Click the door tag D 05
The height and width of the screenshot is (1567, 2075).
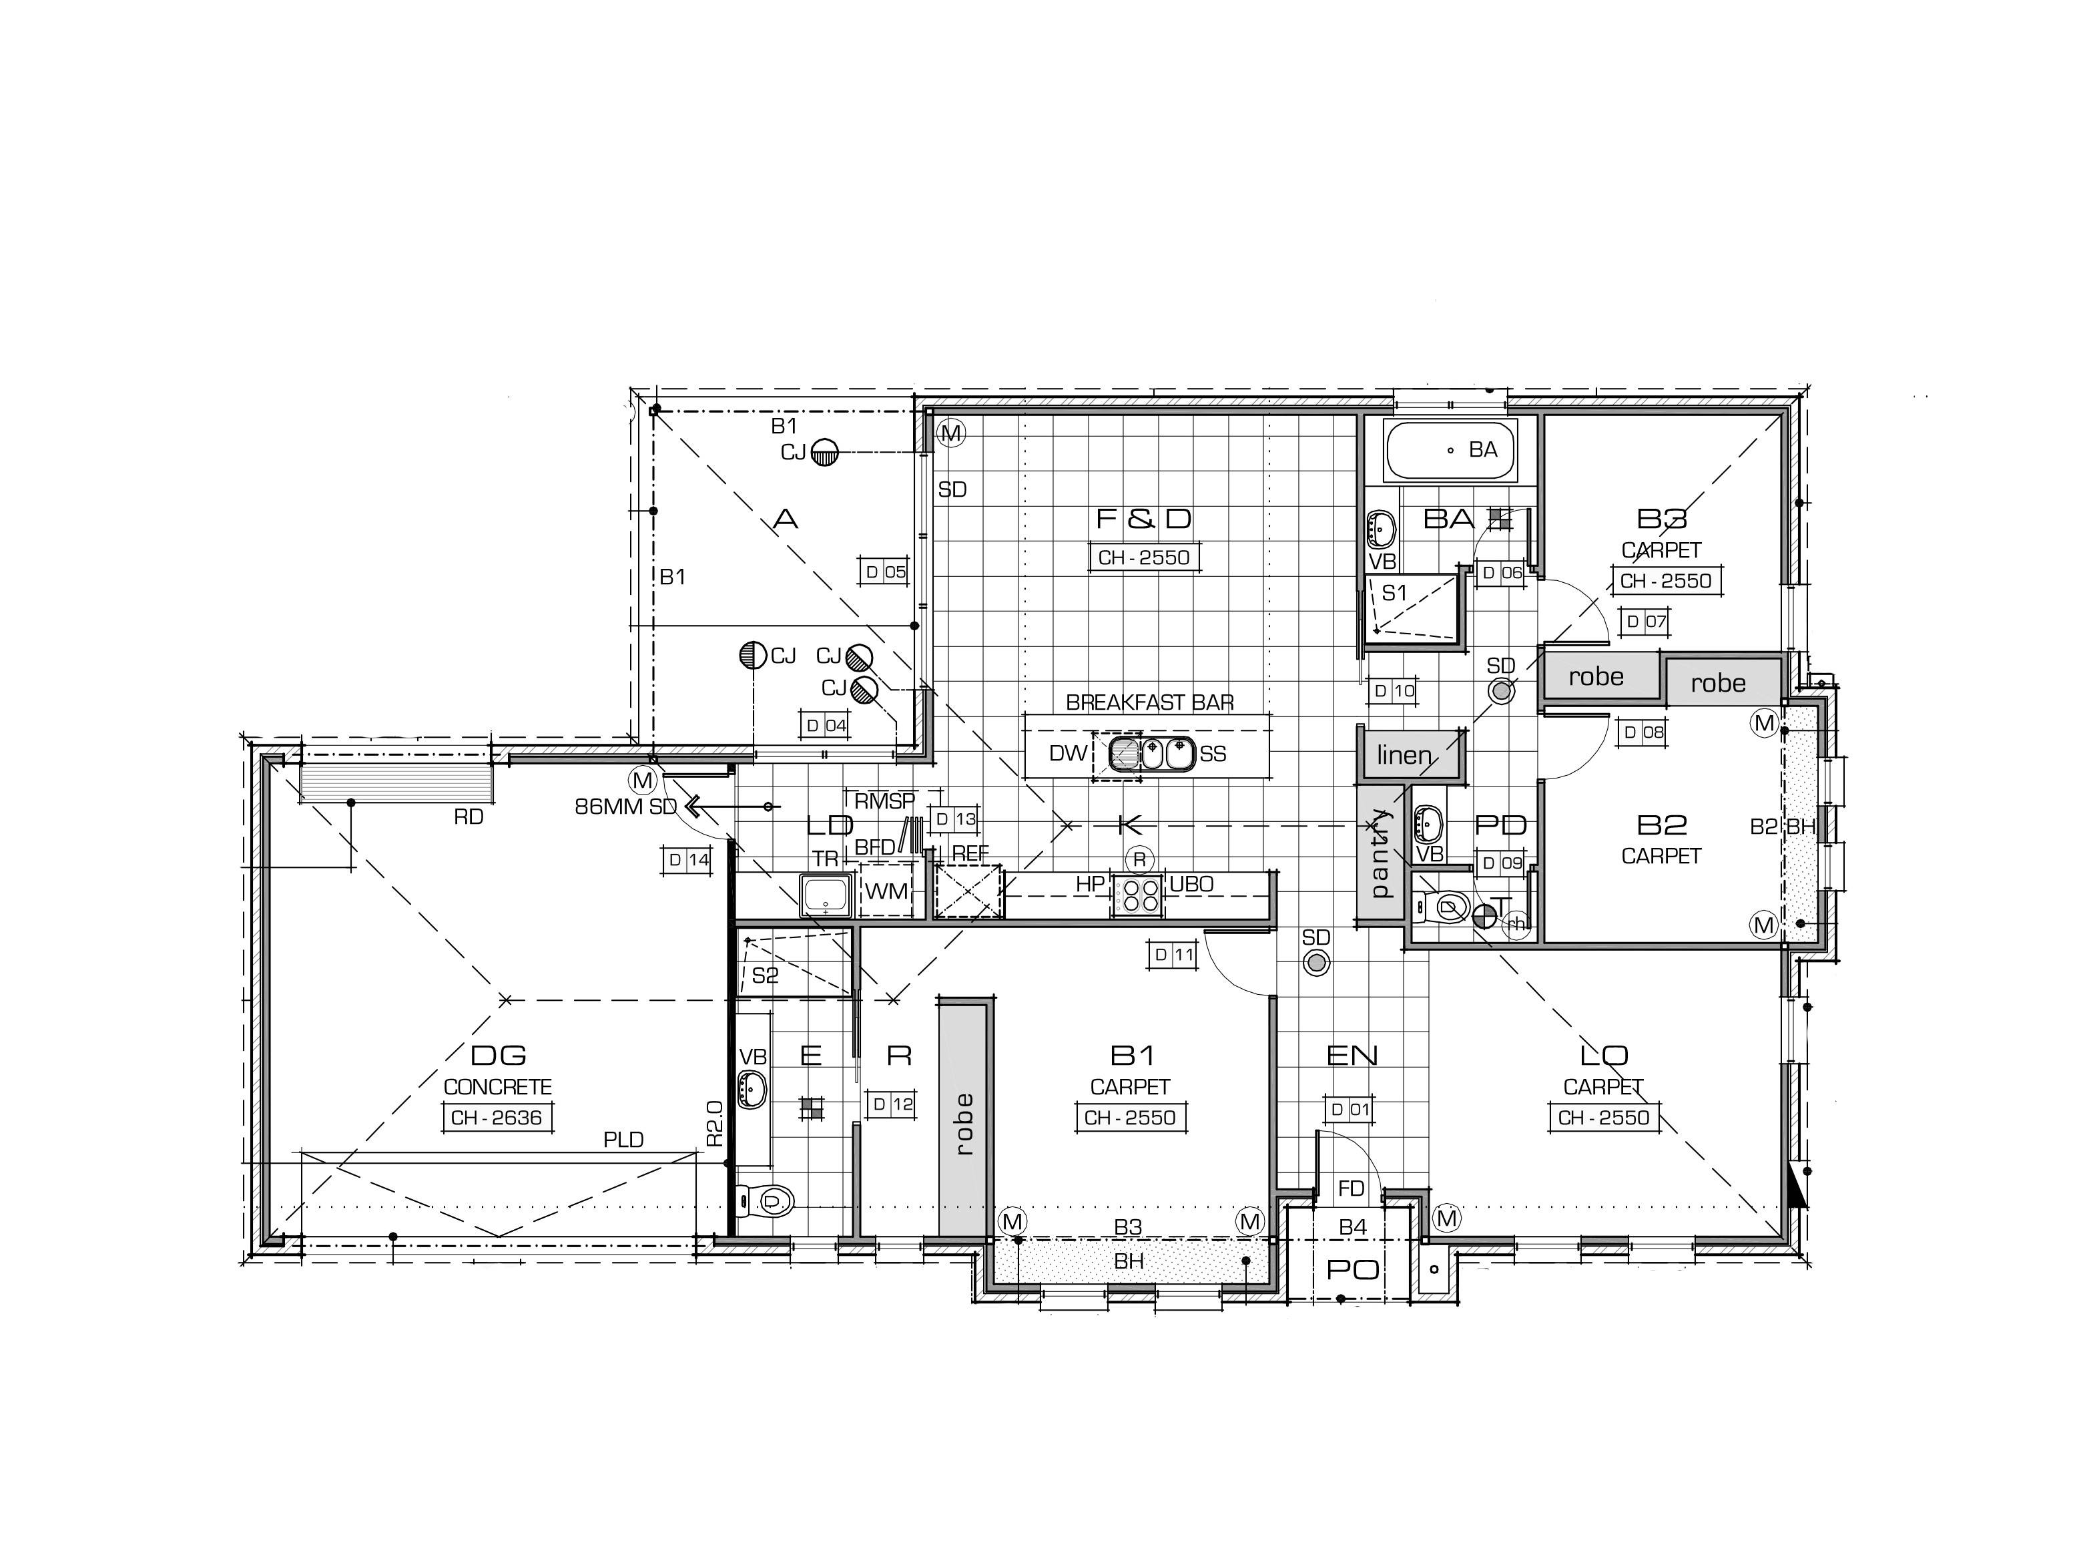[x=884, y=572]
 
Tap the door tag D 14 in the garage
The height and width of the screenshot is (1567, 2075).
[x=687, y=859]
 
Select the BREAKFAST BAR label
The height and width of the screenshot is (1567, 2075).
[x=1149, y=702]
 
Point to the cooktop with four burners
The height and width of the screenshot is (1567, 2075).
[x=1137, y=895]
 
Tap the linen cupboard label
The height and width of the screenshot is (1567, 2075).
[x=1404, y=755]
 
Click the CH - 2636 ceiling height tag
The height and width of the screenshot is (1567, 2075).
[x=497, y=1118]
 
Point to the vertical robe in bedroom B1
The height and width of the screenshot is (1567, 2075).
[x=964, y=1123]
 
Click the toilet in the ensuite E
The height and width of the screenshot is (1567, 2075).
[x=764, y=1199]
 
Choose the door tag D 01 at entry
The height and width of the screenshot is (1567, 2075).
[x=1350, y=1109]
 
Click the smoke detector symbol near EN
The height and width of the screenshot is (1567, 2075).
[x=1316, y=962]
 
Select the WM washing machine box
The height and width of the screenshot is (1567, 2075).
[x=886, y=891]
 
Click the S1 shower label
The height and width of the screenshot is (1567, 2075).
[x=1395, y=593]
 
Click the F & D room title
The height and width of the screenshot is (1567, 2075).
[x=1143, y=518]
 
